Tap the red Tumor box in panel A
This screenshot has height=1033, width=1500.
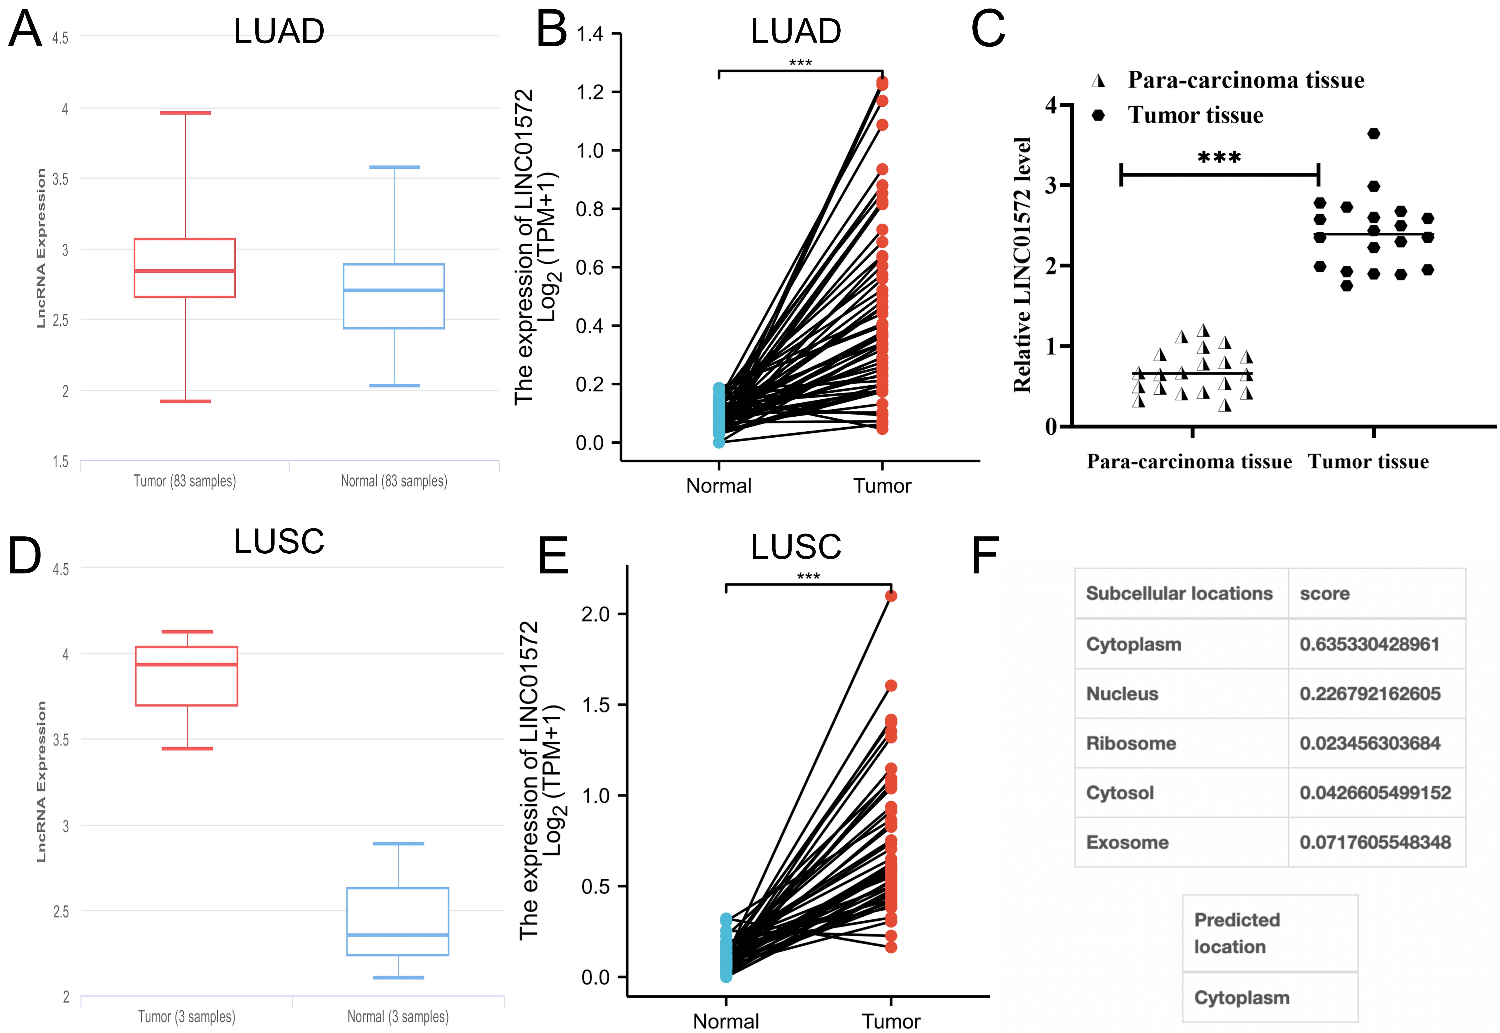coord(184,268)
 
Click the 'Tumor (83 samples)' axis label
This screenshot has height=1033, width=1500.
coord(184,481)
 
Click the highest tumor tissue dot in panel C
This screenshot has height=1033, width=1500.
coord(1373,134)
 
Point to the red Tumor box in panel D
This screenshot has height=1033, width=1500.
coord(186,676)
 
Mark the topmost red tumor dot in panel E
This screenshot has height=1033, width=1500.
coord(891,595)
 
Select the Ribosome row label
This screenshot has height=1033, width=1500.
coord(1130,743)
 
